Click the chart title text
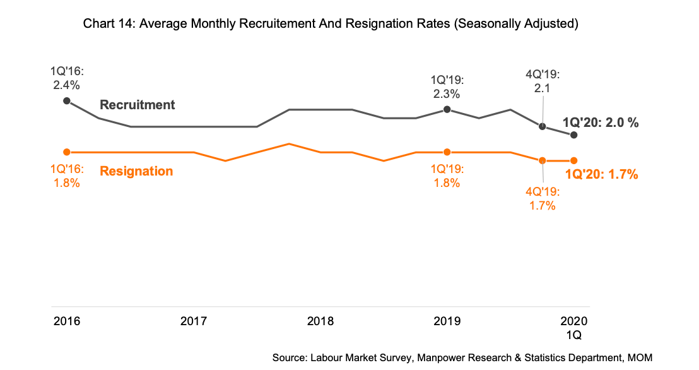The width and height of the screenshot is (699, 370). (x=331, y=25)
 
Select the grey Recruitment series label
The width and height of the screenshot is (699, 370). (x=138, y=105)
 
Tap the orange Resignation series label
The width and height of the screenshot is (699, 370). (x=136, y=171)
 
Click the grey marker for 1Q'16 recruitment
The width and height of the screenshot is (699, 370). (x=67, y=101)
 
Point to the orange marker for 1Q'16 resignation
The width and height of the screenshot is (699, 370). (x=67, y=152)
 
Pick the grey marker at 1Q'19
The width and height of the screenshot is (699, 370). (x=447, y=110)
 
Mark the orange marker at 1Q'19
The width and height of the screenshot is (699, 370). (x=447, y=152)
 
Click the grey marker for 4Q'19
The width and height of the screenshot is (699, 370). (x=542, y=126)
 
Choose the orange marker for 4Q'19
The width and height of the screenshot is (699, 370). (x=542, y=160)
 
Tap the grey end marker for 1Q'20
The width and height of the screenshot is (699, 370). (x=573, y=135)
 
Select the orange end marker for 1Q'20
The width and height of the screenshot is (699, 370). (x=573, y=160)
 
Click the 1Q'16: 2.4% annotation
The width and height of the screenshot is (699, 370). (x=66, y=77)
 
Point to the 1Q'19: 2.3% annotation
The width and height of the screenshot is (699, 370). (x=447, y=87)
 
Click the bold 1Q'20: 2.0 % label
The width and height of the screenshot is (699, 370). (x=601, y=123)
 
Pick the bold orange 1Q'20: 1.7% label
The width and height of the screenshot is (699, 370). (x=602, y=175)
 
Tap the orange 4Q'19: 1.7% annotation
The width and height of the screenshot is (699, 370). (x=542, y=198)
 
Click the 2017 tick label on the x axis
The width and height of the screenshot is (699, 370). (x=194, y=321)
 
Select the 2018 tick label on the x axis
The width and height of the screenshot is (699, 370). (x=320, y=321)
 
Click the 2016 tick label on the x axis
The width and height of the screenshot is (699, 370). (x=67, y=321)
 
